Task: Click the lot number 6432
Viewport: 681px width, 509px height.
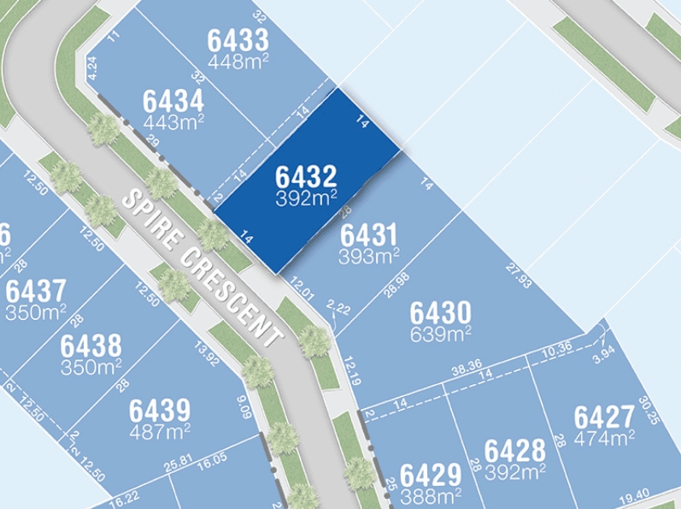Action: pyautogui.click(x=306, y=177)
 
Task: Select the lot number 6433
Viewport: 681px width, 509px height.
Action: pyautogui.click(x=238, y=39)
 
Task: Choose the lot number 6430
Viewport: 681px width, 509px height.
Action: pyautogui.click(x=440, y=311)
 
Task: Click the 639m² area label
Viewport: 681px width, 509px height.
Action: pyautogui.click(x=440, y=332)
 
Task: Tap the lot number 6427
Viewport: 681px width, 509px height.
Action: pyautogui.click(x=604, y=417)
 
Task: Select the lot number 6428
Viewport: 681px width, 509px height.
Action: pyautogui.click(x=514, y=450)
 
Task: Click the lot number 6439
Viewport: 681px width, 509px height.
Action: pyautogui.click(x=160, y=410)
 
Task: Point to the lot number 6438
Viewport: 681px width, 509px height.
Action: pyautogui.click(x=91, y=346)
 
